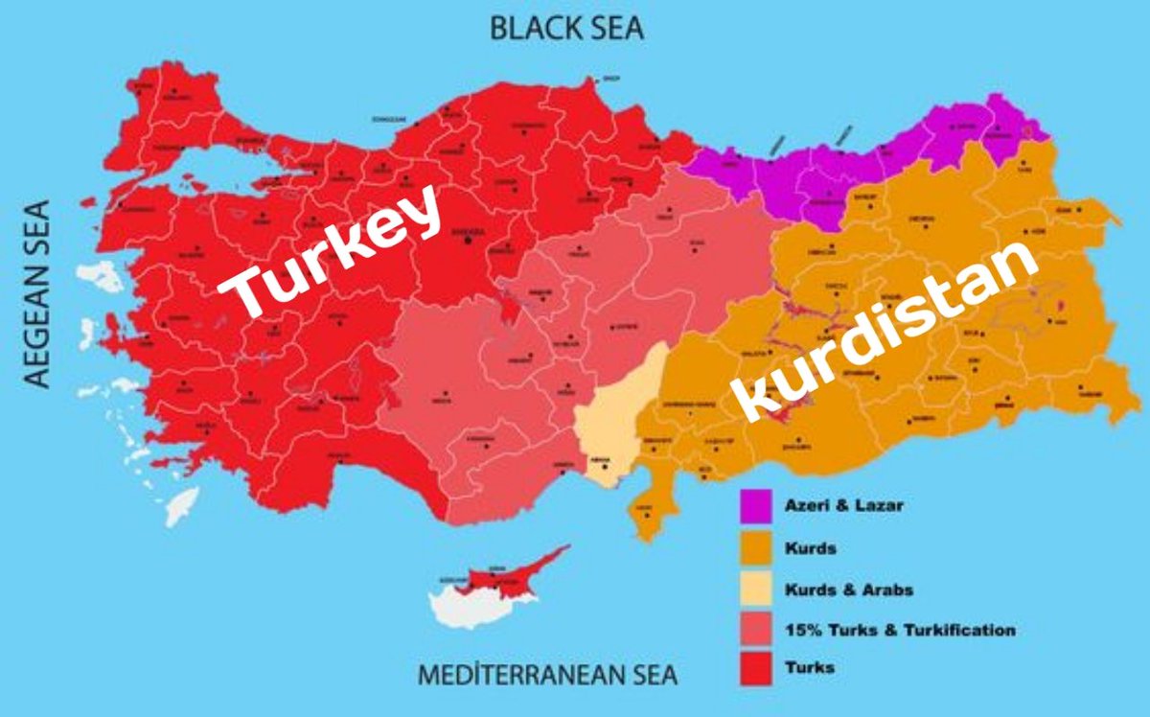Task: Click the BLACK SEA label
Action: point(566,27)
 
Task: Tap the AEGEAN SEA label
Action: point(36,293)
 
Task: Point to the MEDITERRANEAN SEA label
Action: point(547,675)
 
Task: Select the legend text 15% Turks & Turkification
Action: point(899,630)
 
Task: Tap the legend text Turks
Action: point(808,667)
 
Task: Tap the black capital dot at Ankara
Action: point(468,240)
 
